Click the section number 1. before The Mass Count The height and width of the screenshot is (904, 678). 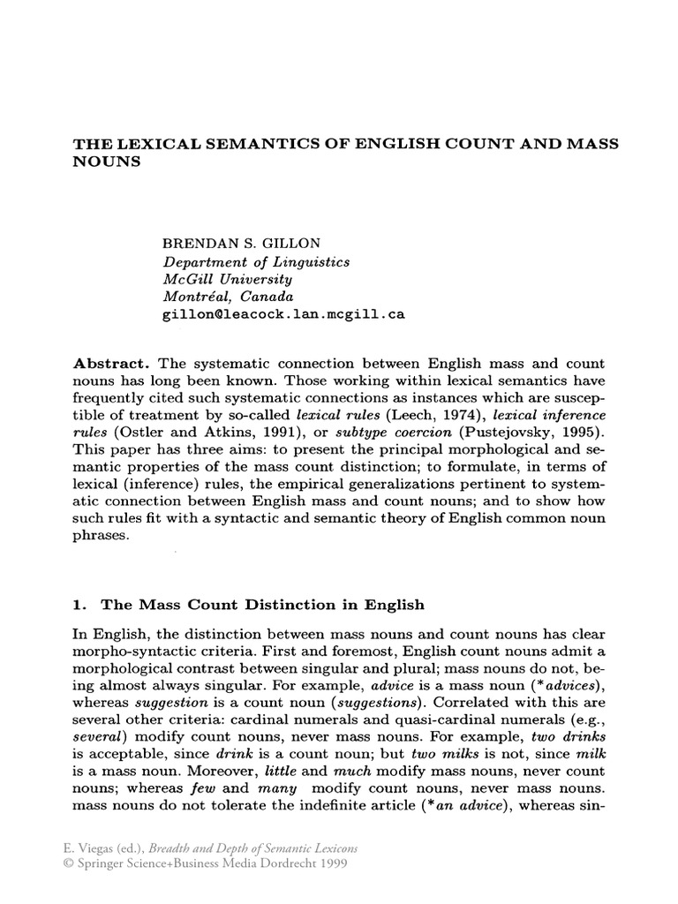pos(78,605)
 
